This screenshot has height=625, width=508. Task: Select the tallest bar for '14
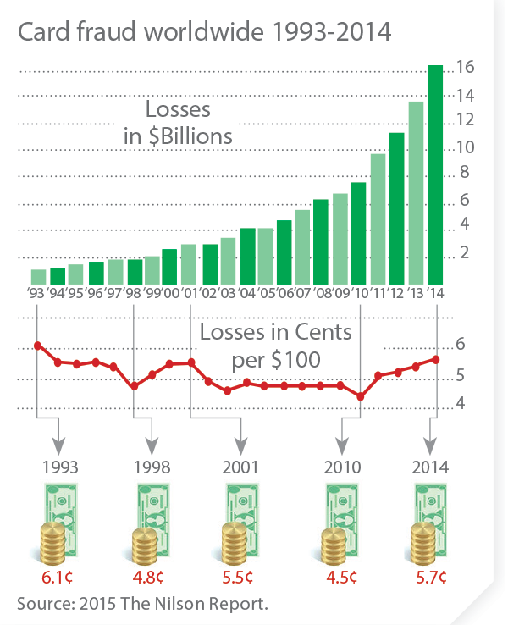tap(435, 174)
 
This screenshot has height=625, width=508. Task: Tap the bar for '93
tap(38, 277)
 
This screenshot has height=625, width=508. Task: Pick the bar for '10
tap(358, 233)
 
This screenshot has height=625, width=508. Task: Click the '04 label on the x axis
tap(247, 294)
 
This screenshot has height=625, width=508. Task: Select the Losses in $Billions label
tap(178, 123)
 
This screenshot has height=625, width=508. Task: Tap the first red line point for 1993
tap(38, 346)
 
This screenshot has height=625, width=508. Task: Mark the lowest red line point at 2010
tap(360, 396)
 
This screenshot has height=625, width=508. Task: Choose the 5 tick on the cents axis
tap(461, 373)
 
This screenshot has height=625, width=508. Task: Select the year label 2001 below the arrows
tap(242, 467)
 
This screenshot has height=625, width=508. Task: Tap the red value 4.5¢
tap(341, 578)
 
